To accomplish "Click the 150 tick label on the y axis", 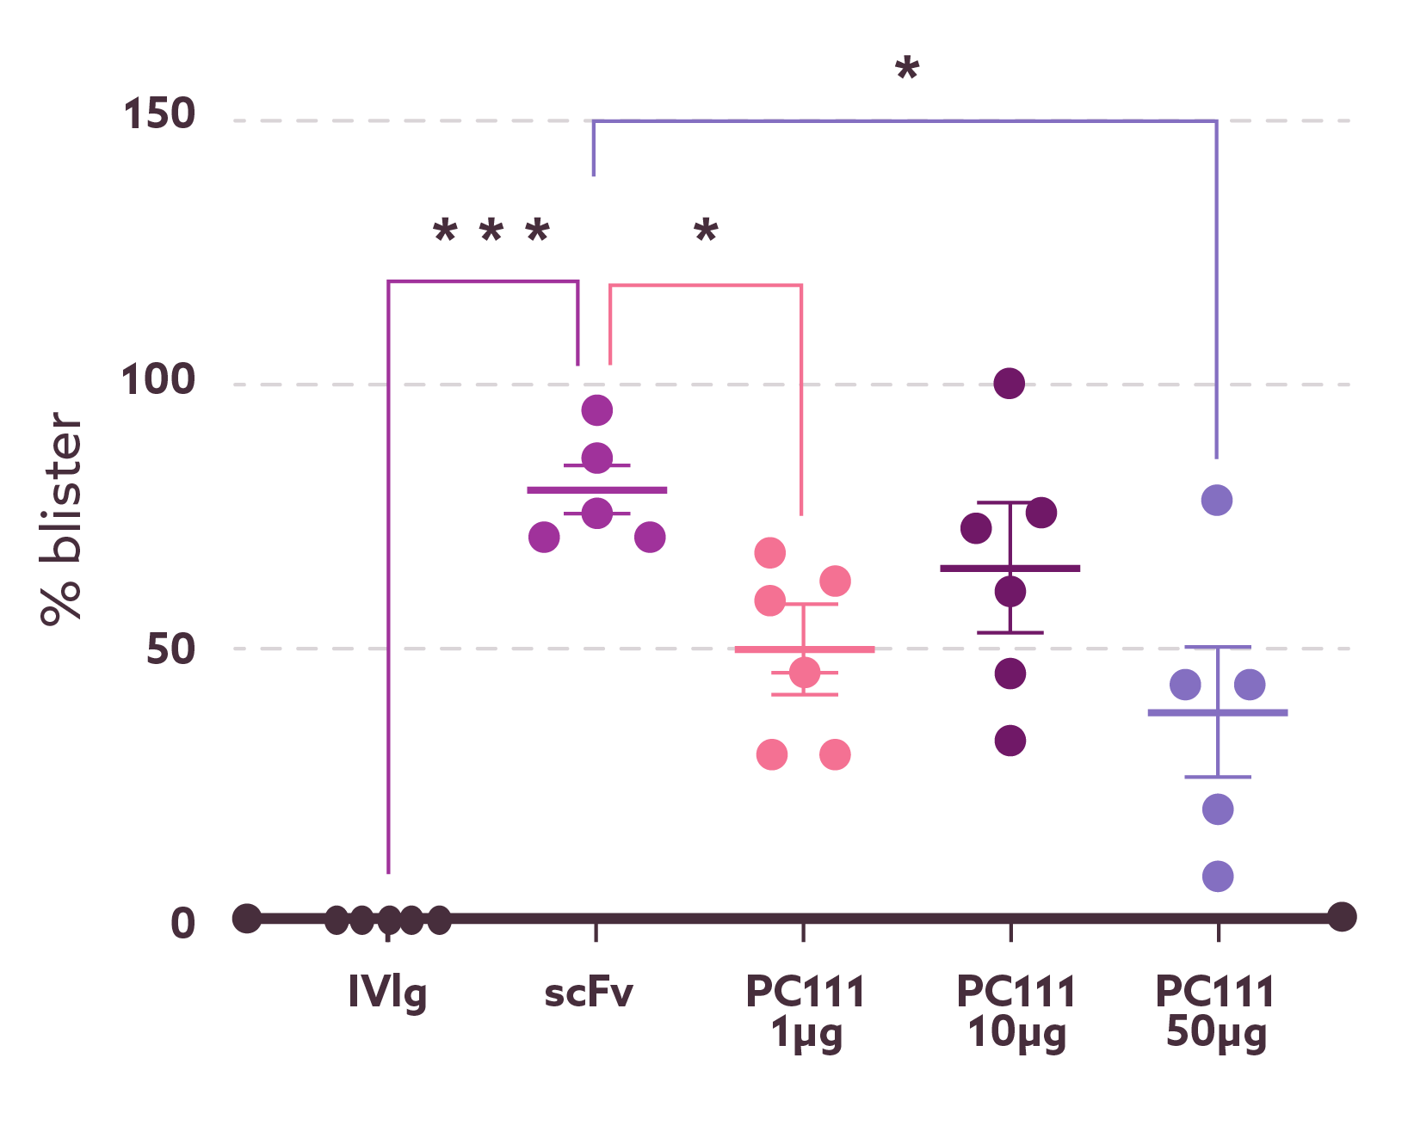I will coord(160,114).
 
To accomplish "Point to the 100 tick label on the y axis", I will coord(158,379).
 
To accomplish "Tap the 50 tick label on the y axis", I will coord(170,649).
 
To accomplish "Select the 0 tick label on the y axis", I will coord(182,923).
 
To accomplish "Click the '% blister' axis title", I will coord(62,518).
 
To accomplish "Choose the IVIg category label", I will coord(387,993).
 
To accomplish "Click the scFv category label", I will coord(590,993).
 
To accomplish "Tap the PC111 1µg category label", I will coord(806,1012).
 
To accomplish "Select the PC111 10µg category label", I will coord(1016,1012).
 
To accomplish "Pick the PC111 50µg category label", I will coord(1215,1012).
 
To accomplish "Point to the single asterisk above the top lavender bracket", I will coord(907,69).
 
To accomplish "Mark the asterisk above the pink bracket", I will coord(706,231).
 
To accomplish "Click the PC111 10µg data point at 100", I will coord(1010,383).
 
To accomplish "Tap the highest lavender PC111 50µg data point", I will coord(1217,500).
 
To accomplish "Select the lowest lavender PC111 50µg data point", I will coord(1218,876).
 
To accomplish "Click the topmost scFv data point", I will coord(597,410).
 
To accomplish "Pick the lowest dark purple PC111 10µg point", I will coord(1010,740).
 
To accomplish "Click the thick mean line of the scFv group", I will coord(597,489).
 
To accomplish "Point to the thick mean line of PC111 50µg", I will coord(1218,712).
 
